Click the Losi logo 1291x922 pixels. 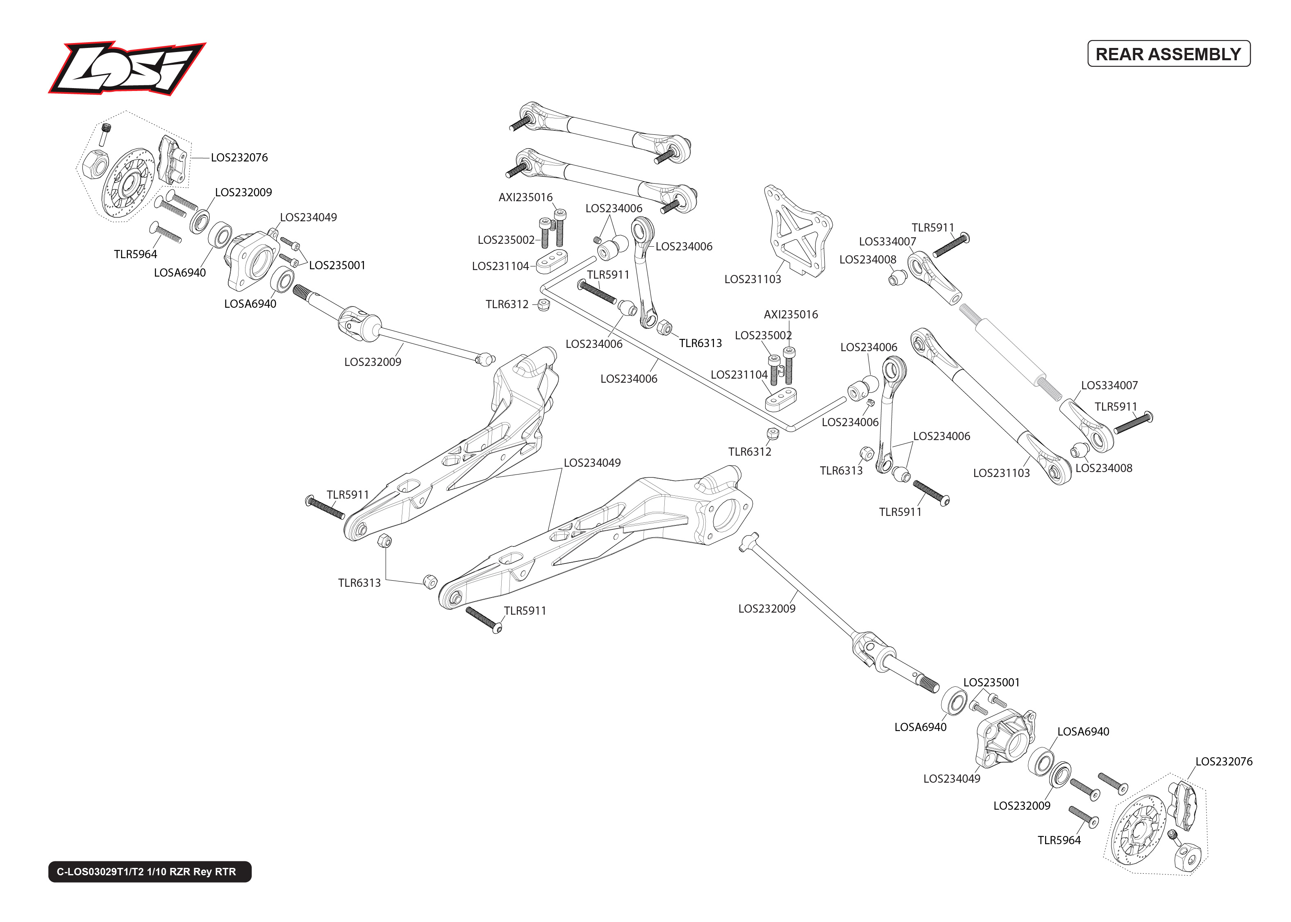point(126,68)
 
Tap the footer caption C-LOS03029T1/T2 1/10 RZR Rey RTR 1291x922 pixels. point(146,872)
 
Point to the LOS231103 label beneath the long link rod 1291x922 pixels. point(1001,473)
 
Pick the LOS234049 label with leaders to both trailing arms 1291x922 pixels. point(592,463)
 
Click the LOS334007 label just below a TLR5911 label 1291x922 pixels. point(887,242)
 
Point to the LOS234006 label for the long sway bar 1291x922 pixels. point(628,379)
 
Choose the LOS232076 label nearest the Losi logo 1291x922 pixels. point(239,158)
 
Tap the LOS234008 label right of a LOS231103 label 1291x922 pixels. point(1104,468)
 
